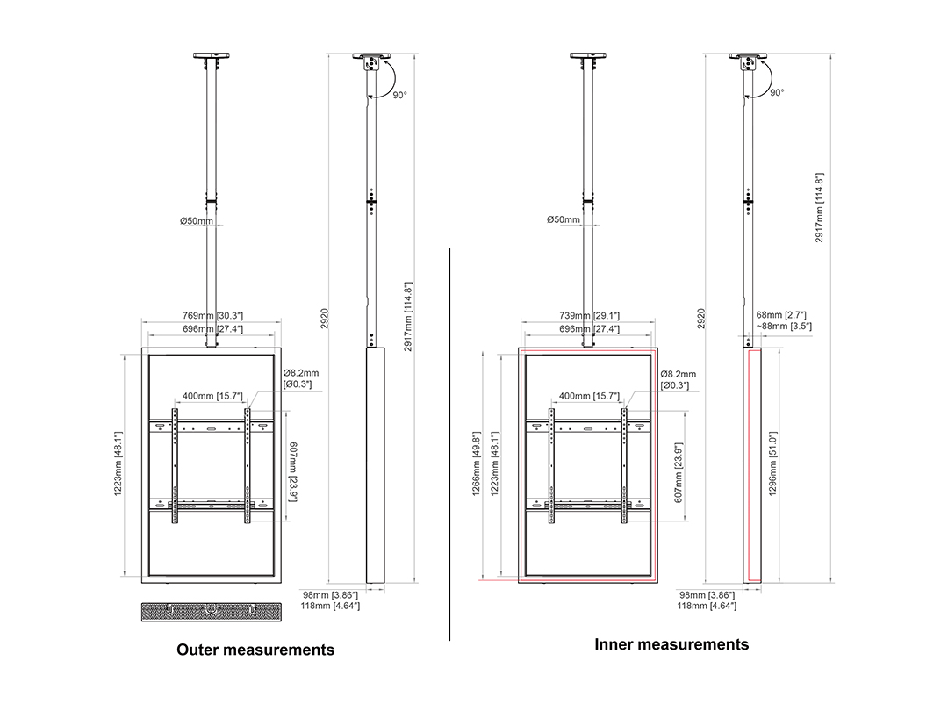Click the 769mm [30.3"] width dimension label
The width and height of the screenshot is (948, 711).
click(212, 316)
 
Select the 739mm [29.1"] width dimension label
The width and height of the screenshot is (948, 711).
click(590, 316)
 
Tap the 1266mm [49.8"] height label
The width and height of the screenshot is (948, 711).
click(477, 463)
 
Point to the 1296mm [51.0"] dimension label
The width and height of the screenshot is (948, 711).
click(772, 463)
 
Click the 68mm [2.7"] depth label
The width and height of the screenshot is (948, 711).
click(781, 315)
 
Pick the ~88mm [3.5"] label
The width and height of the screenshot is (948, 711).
click(784, 327)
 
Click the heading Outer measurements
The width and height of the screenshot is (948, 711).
click(255, 650)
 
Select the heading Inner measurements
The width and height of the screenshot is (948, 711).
click(671, 644)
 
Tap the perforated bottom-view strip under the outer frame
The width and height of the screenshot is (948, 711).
click(212, 612)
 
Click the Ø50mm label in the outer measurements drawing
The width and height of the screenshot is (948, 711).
click(197, 221)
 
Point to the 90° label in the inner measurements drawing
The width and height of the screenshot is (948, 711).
click(777, 92)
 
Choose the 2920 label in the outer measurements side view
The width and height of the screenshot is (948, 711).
click(325, 319)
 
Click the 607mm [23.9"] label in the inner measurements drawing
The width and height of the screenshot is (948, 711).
click(679, 472)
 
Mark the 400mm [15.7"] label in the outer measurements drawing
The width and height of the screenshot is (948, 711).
click(212, 396)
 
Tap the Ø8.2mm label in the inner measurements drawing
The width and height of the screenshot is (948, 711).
click(679, 374)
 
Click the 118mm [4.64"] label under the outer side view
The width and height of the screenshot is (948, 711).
click(330, 606)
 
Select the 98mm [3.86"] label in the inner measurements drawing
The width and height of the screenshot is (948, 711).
click(707, 595)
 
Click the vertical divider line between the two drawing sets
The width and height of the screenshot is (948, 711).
click(449, 444)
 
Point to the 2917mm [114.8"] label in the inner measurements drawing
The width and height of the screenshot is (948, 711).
click(820, 207)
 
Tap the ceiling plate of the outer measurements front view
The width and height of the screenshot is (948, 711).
click(212, 55)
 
